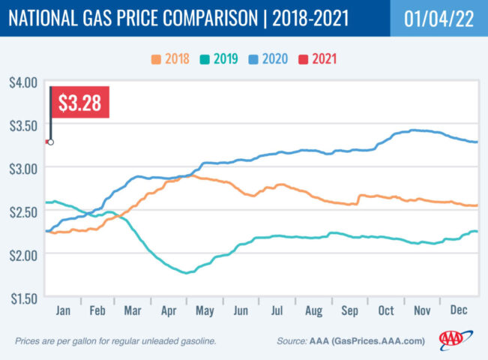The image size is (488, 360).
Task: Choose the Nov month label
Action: (423, 309)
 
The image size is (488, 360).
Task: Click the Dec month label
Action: (459, 309)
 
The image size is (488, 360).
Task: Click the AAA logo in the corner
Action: (452, 340)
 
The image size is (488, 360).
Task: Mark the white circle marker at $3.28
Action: (50, 141)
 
